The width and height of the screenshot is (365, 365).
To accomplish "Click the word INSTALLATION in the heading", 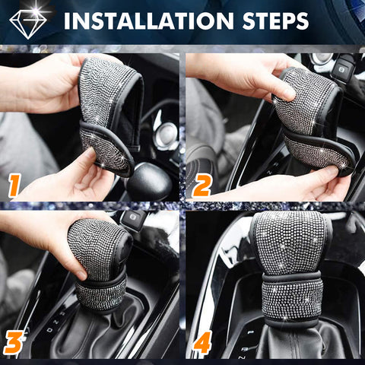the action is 148,21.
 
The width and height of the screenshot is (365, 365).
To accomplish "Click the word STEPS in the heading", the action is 275,21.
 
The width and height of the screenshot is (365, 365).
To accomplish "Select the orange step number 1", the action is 14,186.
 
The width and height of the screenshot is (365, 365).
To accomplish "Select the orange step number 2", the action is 202,186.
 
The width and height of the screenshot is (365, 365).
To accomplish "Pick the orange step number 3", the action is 14,342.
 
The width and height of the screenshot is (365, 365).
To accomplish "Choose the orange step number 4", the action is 202,342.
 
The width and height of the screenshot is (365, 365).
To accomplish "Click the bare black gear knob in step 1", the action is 150,180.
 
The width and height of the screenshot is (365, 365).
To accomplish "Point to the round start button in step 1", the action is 167,134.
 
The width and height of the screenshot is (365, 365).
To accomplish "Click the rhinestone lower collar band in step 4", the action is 292,300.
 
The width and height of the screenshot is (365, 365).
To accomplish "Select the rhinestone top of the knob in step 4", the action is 290,243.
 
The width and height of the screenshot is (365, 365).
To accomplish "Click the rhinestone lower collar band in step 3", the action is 101,294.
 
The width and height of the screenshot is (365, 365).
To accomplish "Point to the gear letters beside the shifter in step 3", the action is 56,322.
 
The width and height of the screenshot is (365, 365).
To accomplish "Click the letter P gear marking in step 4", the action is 251,332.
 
